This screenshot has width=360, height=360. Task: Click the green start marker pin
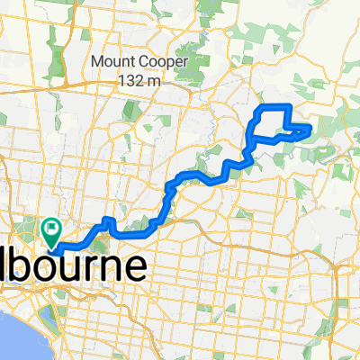pyautogui.click(x=52, y=231)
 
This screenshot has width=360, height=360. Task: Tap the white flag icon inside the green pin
pyautogui.click(x=52, y=229)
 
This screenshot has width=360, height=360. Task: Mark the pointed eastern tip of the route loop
pyautogui.click(x=311, y=130)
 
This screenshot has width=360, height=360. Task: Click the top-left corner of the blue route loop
pyautogui.click(x=259, y=108)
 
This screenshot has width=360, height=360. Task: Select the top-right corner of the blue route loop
pyautogui.click(x=288, y=107)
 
